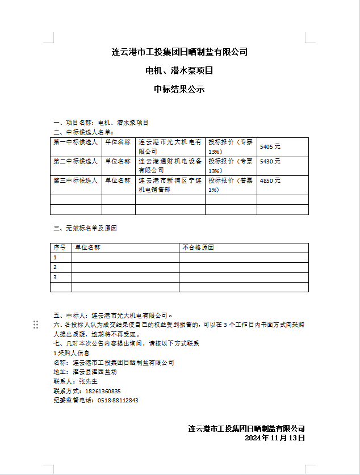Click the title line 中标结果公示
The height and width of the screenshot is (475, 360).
point(179,89)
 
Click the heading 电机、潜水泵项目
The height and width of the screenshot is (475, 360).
point(179,71)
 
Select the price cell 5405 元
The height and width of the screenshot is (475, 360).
point(270,146)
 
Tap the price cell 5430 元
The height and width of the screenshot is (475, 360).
point(270,162)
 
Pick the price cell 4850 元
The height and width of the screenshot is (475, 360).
point(270,180)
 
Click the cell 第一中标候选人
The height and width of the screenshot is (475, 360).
point(76,142)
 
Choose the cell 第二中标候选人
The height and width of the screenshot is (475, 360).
point(76,161)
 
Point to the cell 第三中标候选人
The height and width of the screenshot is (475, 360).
point(76,180)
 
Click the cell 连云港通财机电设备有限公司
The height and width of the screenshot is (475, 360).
point(170,165)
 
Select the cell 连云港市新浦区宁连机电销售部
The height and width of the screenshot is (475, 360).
point(170,184)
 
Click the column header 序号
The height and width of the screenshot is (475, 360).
point(60,247)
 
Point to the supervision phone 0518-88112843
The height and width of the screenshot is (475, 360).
point(118,400)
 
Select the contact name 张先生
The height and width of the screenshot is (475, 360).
point(90,381)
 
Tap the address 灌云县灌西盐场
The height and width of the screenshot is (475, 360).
point(95,372)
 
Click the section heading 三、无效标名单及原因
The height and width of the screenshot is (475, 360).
point(85,228)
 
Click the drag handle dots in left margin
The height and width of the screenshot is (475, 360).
point(36,324)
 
